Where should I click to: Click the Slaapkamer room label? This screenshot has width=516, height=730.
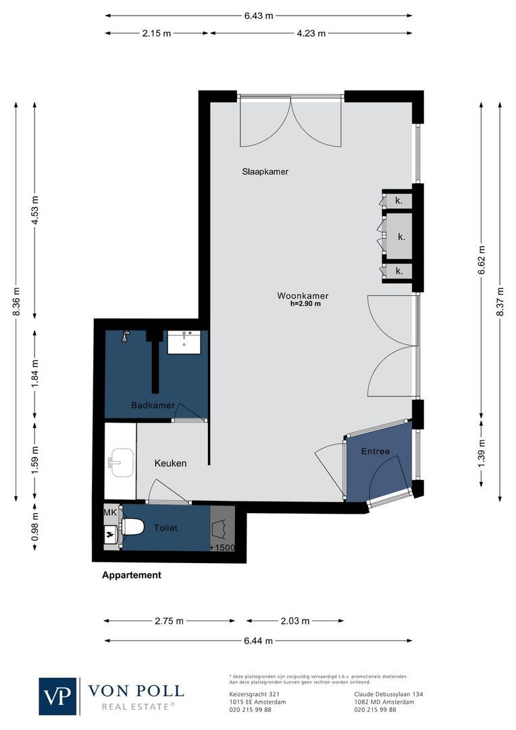(x=265, y=172)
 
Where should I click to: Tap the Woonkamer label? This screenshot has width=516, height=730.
(x=303, y=295)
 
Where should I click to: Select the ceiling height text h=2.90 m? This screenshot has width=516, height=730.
(x=305, y=304)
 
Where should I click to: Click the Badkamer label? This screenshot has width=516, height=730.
(x=153, y=406)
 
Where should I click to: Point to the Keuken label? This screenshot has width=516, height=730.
(x=170, y=463)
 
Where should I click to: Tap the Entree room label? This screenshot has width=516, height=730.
(x=376, y=452)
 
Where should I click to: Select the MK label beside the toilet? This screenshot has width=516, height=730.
(x=110, y=514)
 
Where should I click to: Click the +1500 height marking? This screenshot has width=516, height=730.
(x=222, y=547)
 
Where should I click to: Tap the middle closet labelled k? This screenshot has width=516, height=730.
(x=401, y=237)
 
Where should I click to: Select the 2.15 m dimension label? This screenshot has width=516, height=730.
(x=157, y=33)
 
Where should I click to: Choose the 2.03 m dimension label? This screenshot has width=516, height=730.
(x=295, y=621)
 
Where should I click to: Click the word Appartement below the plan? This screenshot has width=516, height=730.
(x=132, y=575)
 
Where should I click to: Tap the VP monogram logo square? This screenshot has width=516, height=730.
(x=58, y=696)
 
